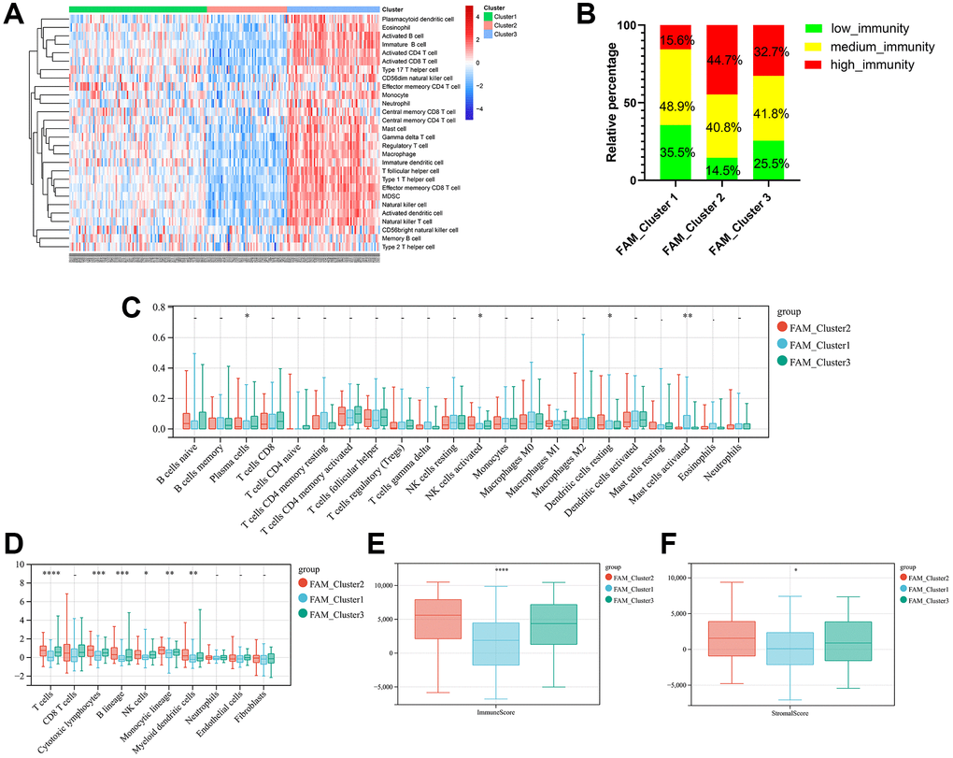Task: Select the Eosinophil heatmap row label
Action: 403,27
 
